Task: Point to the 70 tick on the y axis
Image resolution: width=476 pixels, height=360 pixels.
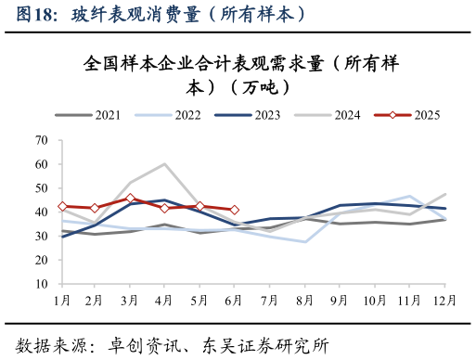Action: click(42, 140)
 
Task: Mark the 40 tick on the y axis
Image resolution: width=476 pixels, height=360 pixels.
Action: click(42, 212)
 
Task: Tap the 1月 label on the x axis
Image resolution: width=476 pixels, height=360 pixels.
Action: click(62, 301)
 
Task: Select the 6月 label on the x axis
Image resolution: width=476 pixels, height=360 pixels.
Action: click(234, 301)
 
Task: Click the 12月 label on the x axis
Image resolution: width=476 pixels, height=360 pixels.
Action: click(444, 301)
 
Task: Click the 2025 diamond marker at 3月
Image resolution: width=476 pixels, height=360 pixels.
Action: click(131, 198)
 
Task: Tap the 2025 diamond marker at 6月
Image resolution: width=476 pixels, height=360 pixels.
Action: click(234, 210)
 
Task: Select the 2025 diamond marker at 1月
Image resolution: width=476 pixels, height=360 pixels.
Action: click(62, 206)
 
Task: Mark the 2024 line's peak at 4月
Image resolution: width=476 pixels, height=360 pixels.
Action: click(165, 164)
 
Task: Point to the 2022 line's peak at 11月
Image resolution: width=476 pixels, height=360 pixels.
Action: click(409, 197)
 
